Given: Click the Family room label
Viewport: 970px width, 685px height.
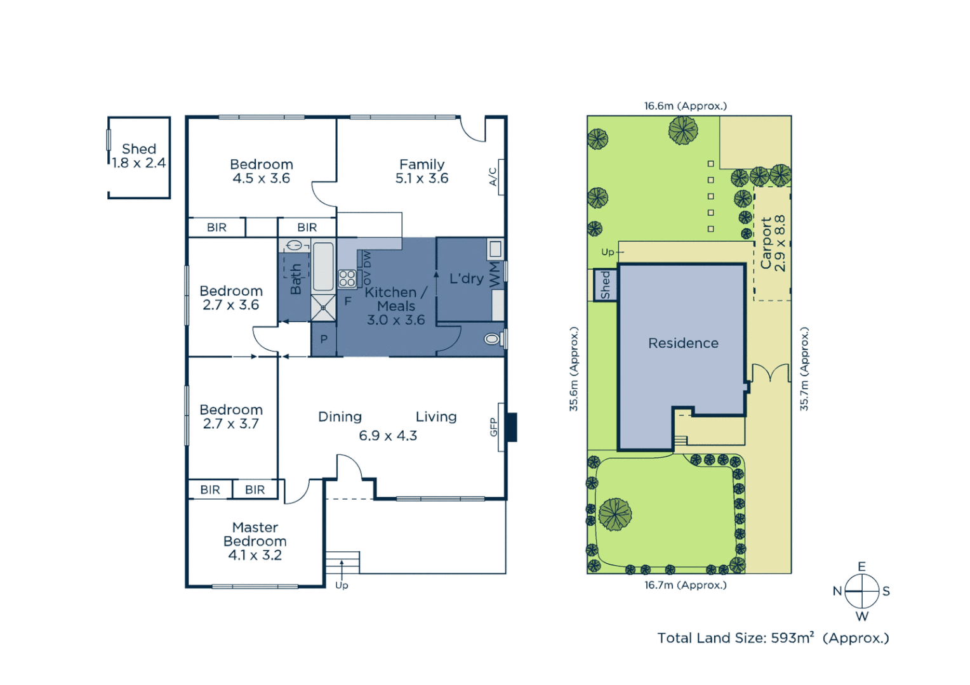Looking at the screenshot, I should pyautogui.click(x=422, y=164).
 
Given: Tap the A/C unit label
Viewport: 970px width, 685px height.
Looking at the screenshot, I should pyautogui.click(x=493, y=176).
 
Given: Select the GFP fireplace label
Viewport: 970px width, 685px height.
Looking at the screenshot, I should pyautogui.click(x=493, y=427).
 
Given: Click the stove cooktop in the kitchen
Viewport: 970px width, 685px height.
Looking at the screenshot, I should pyautogui.click(x=347, y=278).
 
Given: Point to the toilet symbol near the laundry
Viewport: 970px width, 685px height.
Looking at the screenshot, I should pyautogui.click(x=492, y=339).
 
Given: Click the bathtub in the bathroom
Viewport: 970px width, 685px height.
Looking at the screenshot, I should pyautogui.click(x=323, y=266).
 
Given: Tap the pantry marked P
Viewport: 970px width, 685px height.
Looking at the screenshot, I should pyautogui.click(x=324, y=339).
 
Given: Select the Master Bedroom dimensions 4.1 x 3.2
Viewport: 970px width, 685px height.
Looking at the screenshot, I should pyautogui.click(x=255, y=555).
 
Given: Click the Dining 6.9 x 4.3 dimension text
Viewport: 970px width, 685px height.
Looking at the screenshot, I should pyautogui.click(x=388, y=436).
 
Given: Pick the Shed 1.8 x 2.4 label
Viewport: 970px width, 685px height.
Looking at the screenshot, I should pyautogui.click(x=138, y=156).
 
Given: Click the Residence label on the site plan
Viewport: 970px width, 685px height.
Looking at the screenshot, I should pyautogui.click(x=683, y=343).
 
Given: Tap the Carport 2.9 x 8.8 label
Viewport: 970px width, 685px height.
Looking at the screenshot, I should pyautogui.click(x=773, y=244).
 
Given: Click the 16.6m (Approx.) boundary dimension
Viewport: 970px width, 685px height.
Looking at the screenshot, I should pyautogui.click(x=685, y=106).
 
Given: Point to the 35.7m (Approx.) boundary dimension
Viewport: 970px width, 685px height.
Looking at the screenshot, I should pyautogui.click(x=804, y=369).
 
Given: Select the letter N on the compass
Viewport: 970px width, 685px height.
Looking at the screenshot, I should pyautogui.click(x=837, y=591).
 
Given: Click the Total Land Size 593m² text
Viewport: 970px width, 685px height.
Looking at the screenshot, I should pyautogui.click(x=773, y=638).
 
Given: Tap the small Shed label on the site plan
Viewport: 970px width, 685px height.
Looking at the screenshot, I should pyautogui.click(x=605, y=285).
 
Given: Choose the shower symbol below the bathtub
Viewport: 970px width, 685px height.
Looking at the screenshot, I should pyautogui.click(x=323, y=308).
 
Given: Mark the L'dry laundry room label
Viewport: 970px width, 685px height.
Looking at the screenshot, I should pyautogui.click(x=467, y=278).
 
